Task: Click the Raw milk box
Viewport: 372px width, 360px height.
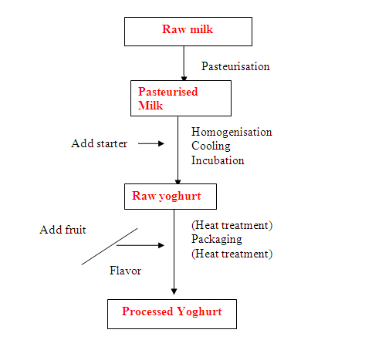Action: point(188,32)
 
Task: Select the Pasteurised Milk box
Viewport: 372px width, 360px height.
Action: point(181,98)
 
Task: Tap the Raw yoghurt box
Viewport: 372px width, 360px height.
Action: point(171,197)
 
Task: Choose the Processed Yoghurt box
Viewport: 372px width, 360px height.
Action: point(172,314)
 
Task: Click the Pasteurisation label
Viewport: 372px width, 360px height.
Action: point(235,66)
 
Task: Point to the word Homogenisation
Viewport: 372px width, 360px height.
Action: point(232,132)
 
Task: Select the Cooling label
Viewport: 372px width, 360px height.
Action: point(211,146)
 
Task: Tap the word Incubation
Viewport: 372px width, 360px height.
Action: point(218,160)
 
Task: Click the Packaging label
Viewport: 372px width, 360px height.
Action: point(217,240)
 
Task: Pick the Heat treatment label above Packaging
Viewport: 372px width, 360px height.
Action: point(232,225)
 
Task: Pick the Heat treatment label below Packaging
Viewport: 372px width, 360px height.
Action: point(232,254)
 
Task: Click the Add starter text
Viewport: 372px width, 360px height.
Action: point(99,143)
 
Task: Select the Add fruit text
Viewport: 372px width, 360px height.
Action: point(63,230)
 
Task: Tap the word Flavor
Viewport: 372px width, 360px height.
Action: point(125,271)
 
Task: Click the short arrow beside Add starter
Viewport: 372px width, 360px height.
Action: point(151,143)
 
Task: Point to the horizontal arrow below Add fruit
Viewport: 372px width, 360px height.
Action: point(140,245)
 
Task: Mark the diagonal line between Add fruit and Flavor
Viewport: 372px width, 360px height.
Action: point(110,247)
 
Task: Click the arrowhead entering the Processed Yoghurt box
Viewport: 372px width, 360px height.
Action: point(174,291)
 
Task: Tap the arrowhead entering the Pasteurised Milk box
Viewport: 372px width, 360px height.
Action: point(184,78)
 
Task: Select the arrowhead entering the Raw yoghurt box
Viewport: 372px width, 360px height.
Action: point(178,182)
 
